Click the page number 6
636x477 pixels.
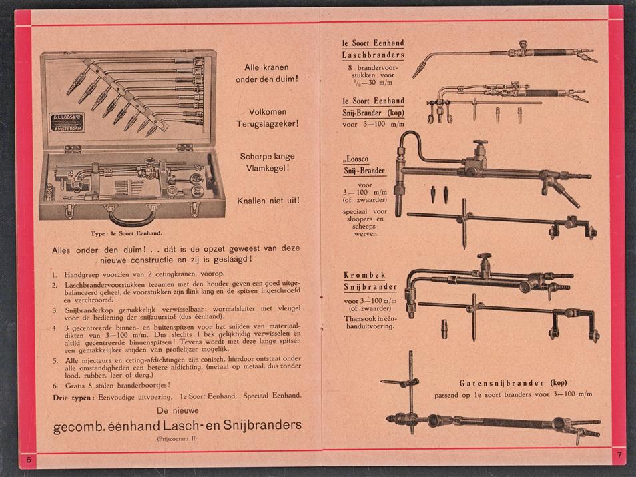[x=29, y=461]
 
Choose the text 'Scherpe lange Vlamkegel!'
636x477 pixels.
[x=268, y=162]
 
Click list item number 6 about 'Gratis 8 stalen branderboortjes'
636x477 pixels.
[x=110, y=384]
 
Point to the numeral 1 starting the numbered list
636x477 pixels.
[x=54, y=274]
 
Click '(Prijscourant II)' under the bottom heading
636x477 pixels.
[x=178, y=440]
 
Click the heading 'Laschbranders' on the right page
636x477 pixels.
[x=373, y=55]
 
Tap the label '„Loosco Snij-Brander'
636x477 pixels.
[x=364, y=166]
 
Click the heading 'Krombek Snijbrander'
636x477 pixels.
[x=370, y=281]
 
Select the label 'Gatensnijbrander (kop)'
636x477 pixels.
[x=513, y=383]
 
